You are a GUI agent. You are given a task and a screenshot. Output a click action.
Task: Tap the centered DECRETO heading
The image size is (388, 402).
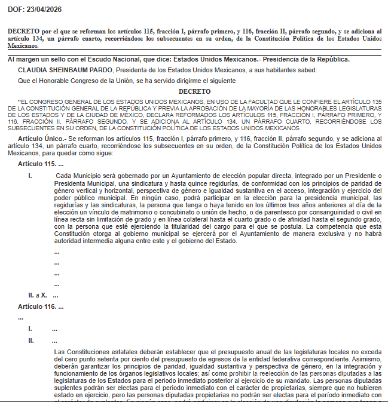click(194, 91)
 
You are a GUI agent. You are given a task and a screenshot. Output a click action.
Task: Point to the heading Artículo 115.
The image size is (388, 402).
click(41, 164)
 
